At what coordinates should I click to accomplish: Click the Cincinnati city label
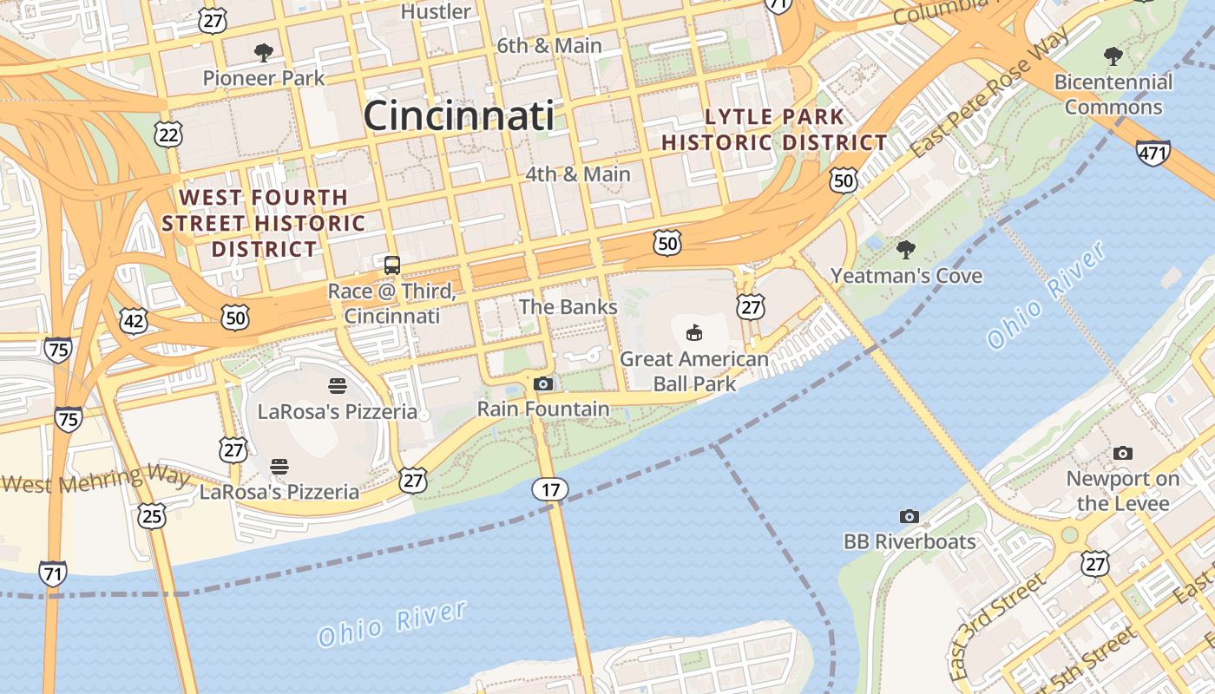tap(458, 115)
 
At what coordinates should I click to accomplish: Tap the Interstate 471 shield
tap(1153, 154)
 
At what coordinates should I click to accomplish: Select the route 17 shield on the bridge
tap(550, 490)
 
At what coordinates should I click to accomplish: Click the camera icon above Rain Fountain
tap(543, 383)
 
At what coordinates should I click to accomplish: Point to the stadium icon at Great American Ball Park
tap(694, 332)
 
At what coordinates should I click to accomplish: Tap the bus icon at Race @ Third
tap(392, 265)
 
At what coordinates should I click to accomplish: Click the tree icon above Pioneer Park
tap(264, 53)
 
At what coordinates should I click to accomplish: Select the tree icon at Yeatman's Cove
tap(906, 250)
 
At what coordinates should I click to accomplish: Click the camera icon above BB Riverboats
tap(909, 516)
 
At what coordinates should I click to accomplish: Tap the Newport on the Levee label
tap(1123, 491)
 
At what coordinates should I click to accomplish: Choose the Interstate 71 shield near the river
tap(53, 573)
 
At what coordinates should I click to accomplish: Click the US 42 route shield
tap(134, 322)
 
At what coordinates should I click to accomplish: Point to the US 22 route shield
tap(169, 133)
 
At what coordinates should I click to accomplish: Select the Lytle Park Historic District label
tap(774, 129)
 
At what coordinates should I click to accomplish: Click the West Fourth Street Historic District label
tap(264, 223)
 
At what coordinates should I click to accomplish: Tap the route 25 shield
tap(152, 517)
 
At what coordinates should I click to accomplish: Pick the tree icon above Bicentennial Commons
tap(1113, 57)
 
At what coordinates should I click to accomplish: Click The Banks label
tap(568, 306)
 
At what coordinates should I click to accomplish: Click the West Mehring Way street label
tap(95, 479)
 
